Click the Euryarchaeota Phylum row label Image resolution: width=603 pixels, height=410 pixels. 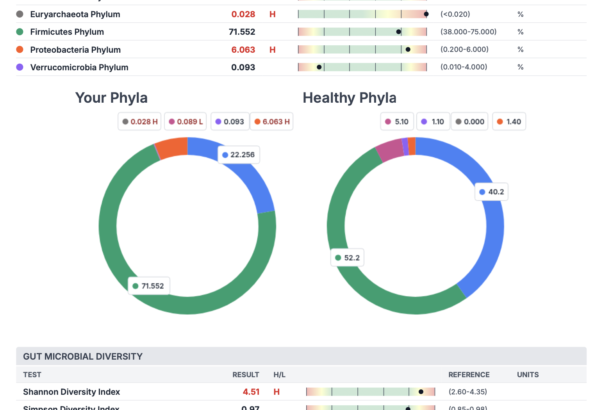tap(75, 14)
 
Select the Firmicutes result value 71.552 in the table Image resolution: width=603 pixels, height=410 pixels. tap(242, 32)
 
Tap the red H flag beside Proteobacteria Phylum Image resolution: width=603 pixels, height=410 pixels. tap(273, 50)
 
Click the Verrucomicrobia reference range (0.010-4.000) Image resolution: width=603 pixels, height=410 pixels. tap(464, 67)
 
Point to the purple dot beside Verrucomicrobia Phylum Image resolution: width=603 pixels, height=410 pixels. tap(20, 67)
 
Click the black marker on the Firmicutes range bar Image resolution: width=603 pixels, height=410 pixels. tap(398, 32)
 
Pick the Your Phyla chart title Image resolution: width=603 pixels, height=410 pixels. tap(111, 98)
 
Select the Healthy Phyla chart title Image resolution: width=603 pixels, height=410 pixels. tap(350, 98)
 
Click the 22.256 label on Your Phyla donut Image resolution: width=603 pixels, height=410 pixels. tap(239, 155)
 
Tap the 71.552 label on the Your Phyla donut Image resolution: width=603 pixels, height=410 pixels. tap(149, 286)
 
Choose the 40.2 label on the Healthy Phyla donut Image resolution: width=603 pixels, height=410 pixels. tap(492, 192)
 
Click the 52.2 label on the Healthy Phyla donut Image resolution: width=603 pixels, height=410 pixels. tap(348, 258)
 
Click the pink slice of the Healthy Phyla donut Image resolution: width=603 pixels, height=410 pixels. tap(390, 150)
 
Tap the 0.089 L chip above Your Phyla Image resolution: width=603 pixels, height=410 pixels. tap(186, 121)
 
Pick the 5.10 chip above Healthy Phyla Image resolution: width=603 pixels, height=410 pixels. tap(397, 121)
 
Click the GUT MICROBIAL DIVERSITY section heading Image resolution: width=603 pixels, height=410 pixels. tap(83, 357)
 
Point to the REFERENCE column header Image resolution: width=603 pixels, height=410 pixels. tap(469, 375)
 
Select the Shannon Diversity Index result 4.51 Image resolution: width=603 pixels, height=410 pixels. tap(251, 392)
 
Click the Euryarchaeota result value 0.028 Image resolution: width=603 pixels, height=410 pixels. tap(243, 14)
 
